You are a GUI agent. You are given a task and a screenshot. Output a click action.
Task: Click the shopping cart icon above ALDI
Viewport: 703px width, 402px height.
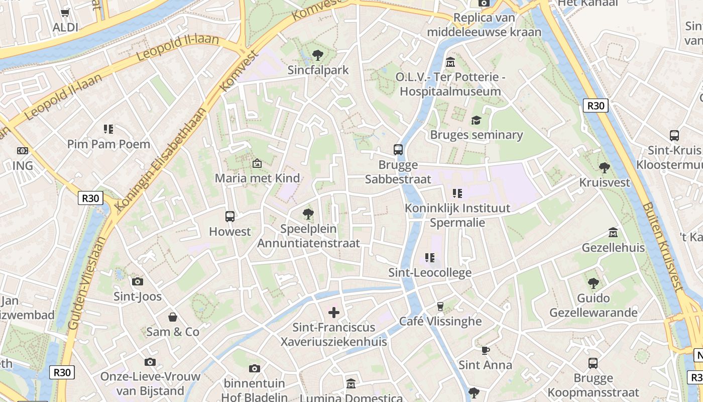65,13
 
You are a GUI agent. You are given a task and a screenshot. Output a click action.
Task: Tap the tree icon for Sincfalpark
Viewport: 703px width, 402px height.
317,55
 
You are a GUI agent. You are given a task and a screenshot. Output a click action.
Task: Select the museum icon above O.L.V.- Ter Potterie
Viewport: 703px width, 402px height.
450,62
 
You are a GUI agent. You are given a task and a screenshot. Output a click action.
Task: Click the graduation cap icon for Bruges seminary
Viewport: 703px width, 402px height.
476,120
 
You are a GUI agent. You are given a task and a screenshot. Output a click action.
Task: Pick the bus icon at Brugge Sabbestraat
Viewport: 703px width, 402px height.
398,149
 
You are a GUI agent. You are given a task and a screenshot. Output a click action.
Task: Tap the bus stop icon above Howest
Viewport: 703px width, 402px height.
230,217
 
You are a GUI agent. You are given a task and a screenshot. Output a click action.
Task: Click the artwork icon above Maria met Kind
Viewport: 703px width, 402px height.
257,163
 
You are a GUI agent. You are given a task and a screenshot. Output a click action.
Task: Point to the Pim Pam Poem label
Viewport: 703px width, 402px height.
108,144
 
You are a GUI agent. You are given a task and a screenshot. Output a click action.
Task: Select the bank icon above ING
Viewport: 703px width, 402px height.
23,151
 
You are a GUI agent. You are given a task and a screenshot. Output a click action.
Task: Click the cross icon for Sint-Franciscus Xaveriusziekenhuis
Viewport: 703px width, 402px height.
334,313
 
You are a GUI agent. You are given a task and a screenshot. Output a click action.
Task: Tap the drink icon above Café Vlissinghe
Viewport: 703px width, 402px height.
440,306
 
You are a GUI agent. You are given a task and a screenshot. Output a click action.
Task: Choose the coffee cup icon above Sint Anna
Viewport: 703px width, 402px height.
485,350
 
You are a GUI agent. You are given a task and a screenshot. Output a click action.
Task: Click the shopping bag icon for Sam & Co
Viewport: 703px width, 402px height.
173,317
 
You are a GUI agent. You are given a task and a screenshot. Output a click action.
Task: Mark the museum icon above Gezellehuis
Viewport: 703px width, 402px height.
613,233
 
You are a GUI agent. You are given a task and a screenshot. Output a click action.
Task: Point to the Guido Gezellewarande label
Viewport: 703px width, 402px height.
593,306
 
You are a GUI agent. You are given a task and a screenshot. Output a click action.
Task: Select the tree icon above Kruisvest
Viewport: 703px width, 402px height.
605,167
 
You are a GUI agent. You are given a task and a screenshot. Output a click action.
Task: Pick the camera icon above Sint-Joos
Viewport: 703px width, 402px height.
138,281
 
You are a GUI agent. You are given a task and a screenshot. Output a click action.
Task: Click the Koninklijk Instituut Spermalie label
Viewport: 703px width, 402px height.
457,215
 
